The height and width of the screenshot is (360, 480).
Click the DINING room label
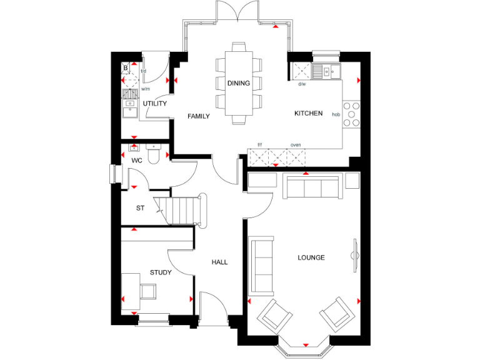tap(238, 83)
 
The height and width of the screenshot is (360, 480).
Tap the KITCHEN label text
tap(308, 113)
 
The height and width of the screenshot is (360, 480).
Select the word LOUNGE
tap(311, 257)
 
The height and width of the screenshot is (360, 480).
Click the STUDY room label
tap(161, 272)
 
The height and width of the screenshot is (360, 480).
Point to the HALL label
tap(219, 262)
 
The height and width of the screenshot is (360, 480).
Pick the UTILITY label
tap(154, 104)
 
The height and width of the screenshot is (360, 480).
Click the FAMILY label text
tap(199, 116)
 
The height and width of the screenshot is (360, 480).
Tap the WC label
tap(137, 160)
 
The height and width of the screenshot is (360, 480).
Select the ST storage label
tap(141, 209)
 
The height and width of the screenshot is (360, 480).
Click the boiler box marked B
tap(126, 68)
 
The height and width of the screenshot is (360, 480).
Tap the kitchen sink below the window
tap(326, 69)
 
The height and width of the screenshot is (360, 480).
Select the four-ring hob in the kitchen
tap(352, 114)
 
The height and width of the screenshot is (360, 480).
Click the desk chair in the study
tap(149, 291)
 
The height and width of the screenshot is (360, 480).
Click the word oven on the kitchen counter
tap(296, 145)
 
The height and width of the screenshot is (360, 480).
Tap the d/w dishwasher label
tap(302, 84)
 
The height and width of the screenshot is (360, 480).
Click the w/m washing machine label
tap(146, 89)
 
